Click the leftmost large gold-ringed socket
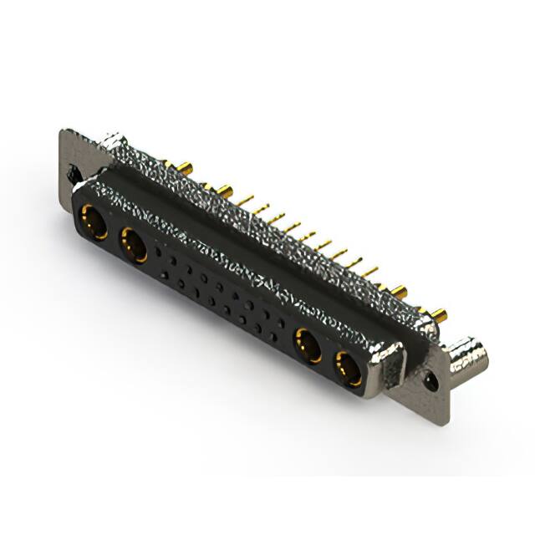[x=93, y=224]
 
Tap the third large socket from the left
[x=307, y=345]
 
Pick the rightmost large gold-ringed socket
[x=348, y=368]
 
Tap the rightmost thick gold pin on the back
[x=437, y=316]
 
